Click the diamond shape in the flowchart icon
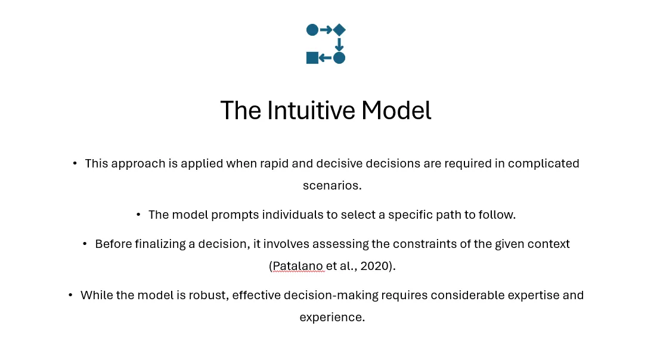pos(339,30)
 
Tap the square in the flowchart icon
pos(312,58)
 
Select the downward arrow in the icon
pos(339,45)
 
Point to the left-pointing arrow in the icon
pos(325,58)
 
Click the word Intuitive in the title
pos(311,110)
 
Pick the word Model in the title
pos(396,110)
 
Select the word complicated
pos(544,163)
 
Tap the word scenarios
pos(332,185)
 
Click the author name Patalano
pos(298,266)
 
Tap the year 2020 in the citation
pos(374,266)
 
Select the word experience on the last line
pos(332,317)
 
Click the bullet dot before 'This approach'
pos(75,163)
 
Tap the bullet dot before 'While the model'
pos(70,295)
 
